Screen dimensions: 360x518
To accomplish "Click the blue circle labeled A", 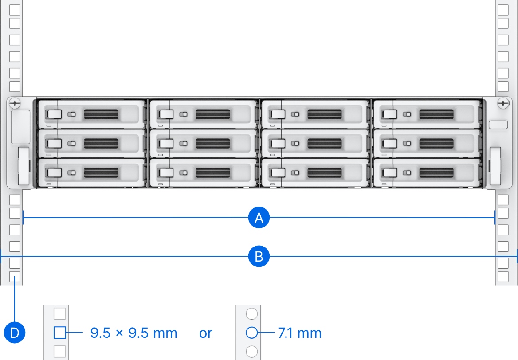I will pos(259,218).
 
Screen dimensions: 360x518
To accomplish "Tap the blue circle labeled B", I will pos(259,256).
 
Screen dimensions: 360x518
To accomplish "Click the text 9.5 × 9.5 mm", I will pos(133,333).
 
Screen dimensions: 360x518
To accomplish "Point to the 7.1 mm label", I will pos(299,333).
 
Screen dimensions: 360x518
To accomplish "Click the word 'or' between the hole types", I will pos(206,333).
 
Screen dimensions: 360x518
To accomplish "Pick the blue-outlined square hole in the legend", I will pos(59,332).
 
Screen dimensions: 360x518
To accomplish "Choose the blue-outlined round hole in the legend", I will pos(251,332).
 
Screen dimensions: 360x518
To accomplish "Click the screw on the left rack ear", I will pos(15,103).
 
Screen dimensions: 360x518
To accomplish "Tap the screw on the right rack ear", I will pos(503,103).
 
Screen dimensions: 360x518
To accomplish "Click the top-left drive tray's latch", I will pos(54,114).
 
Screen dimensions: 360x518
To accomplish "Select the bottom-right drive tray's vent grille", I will pos(436,172).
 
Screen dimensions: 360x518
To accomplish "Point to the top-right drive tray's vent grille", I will pos(436,114).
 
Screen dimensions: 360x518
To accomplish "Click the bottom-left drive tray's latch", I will pos(54,172).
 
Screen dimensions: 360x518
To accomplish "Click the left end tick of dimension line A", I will pos(23,218).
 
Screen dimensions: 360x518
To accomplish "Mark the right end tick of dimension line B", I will pos(517,256).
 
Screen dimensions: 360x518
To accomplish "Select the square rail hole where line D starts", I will pos(15,278).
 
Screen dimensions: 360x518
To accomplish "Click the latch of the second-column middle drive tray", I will pos(165,143).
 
